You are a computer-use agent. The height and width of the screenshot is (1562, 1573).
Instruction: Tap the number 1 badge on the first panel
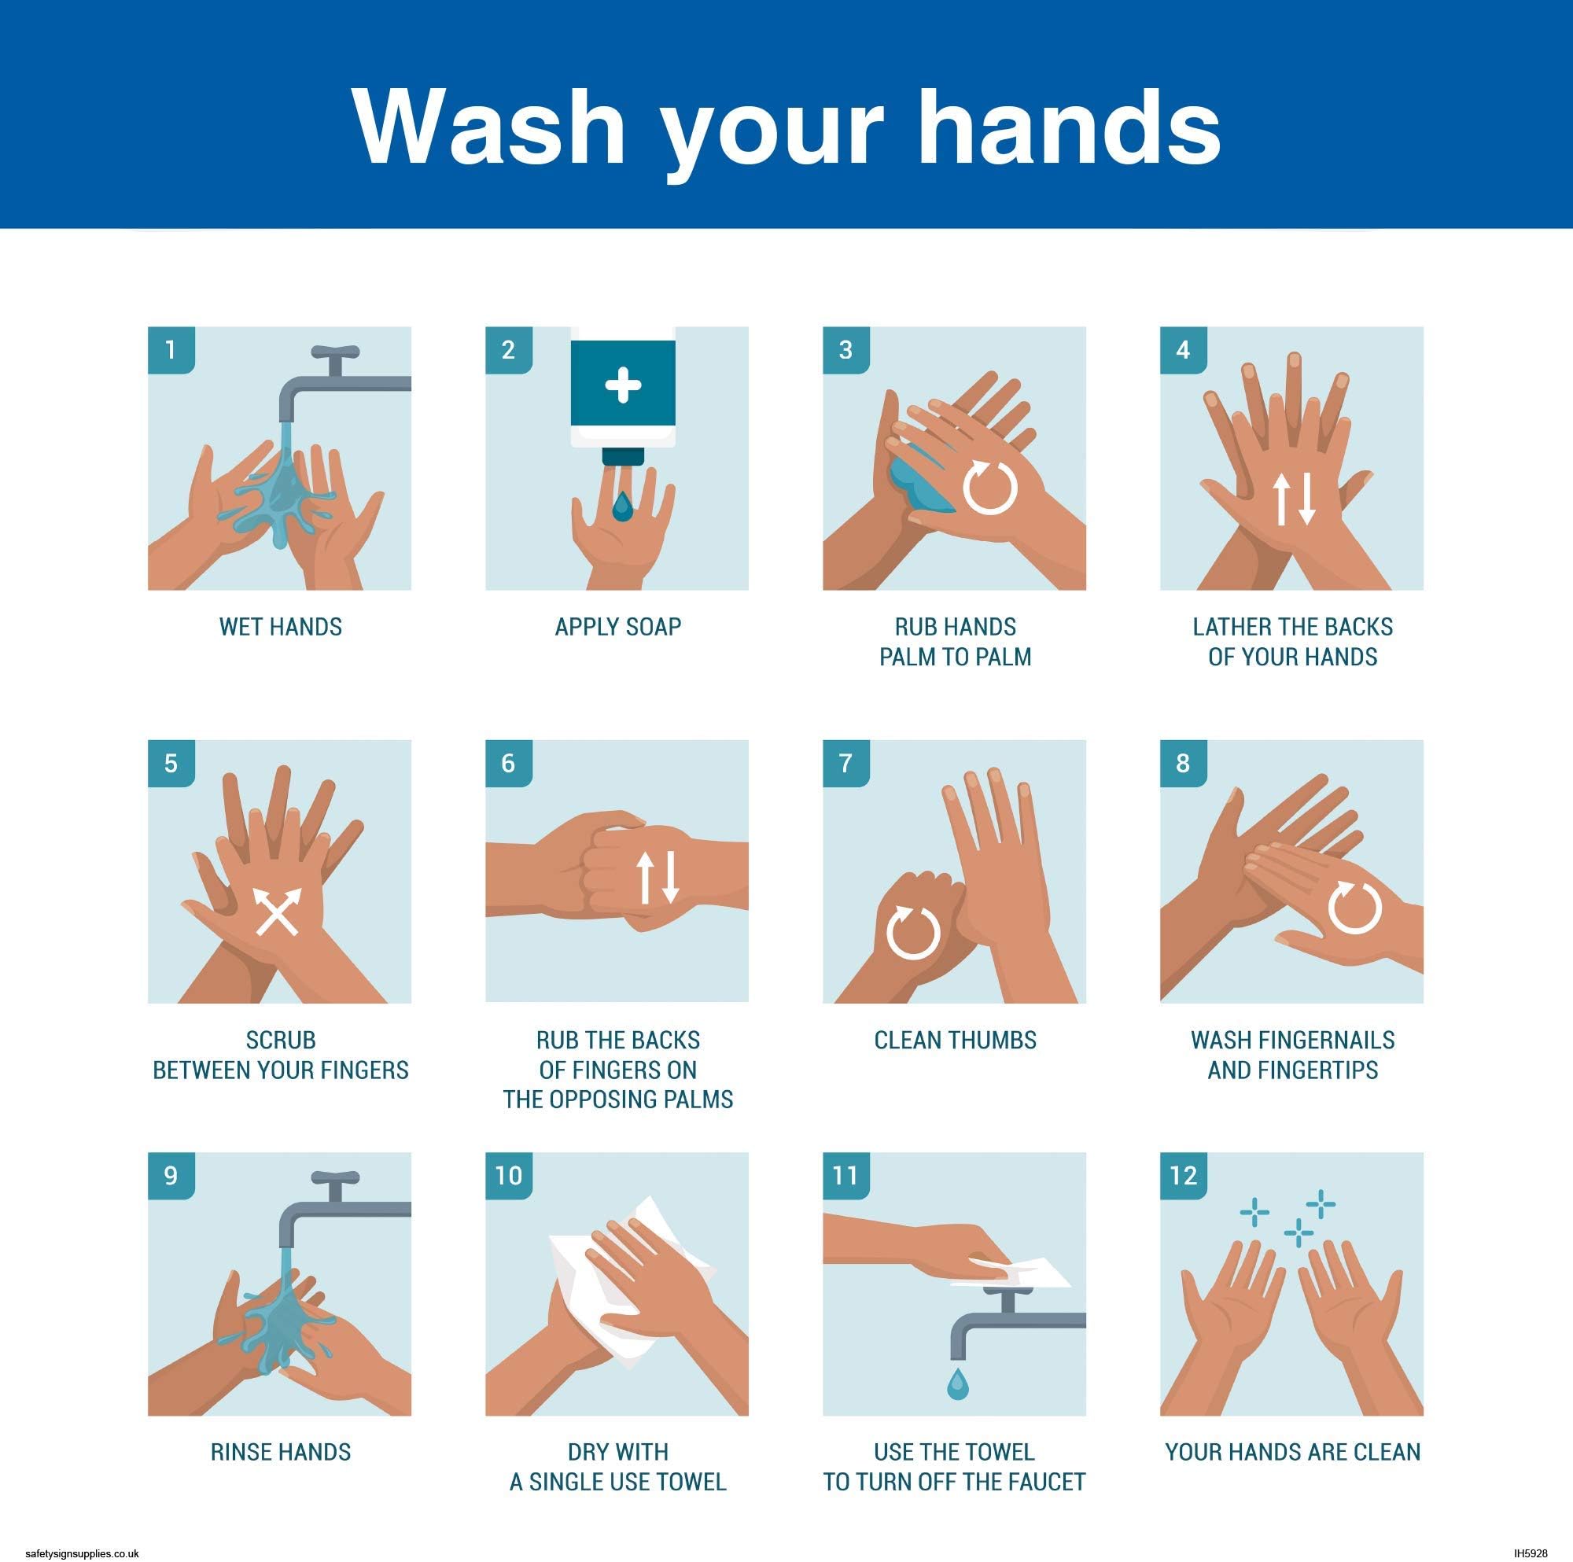[171, 350]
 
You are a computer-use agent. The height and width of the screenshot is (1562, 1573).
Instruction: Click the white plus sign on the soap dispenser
[623, 385]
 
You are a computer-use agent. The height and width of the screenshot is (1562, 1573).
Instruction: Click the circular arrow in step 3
[990, 488]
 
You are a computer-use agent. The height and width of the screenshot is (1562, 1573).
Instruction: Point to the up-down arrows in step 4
[1294, 499]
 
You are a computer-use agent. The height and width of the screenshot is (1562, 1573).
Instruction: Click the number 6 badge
[508, 763]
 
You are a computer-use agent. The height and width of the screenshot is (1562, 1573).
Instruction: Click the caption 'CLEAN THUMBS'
[955, 1040]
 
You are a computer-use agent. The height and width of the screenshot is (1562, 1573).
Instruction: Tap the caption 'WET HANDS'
[280, 627]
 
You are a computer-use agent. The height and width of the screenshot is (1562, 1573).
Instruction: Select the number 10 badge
[508, 1175]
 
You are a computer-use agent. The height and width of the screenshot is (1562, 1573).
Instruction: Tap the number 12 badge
[1183, 1175]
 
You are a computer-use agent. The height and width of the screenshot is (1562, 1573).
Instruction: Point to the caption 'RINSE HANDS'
[280, 1451]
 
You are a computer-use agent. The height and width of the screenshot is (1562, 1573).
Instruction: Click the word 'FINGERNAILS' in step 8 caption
[1325, 1040]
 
